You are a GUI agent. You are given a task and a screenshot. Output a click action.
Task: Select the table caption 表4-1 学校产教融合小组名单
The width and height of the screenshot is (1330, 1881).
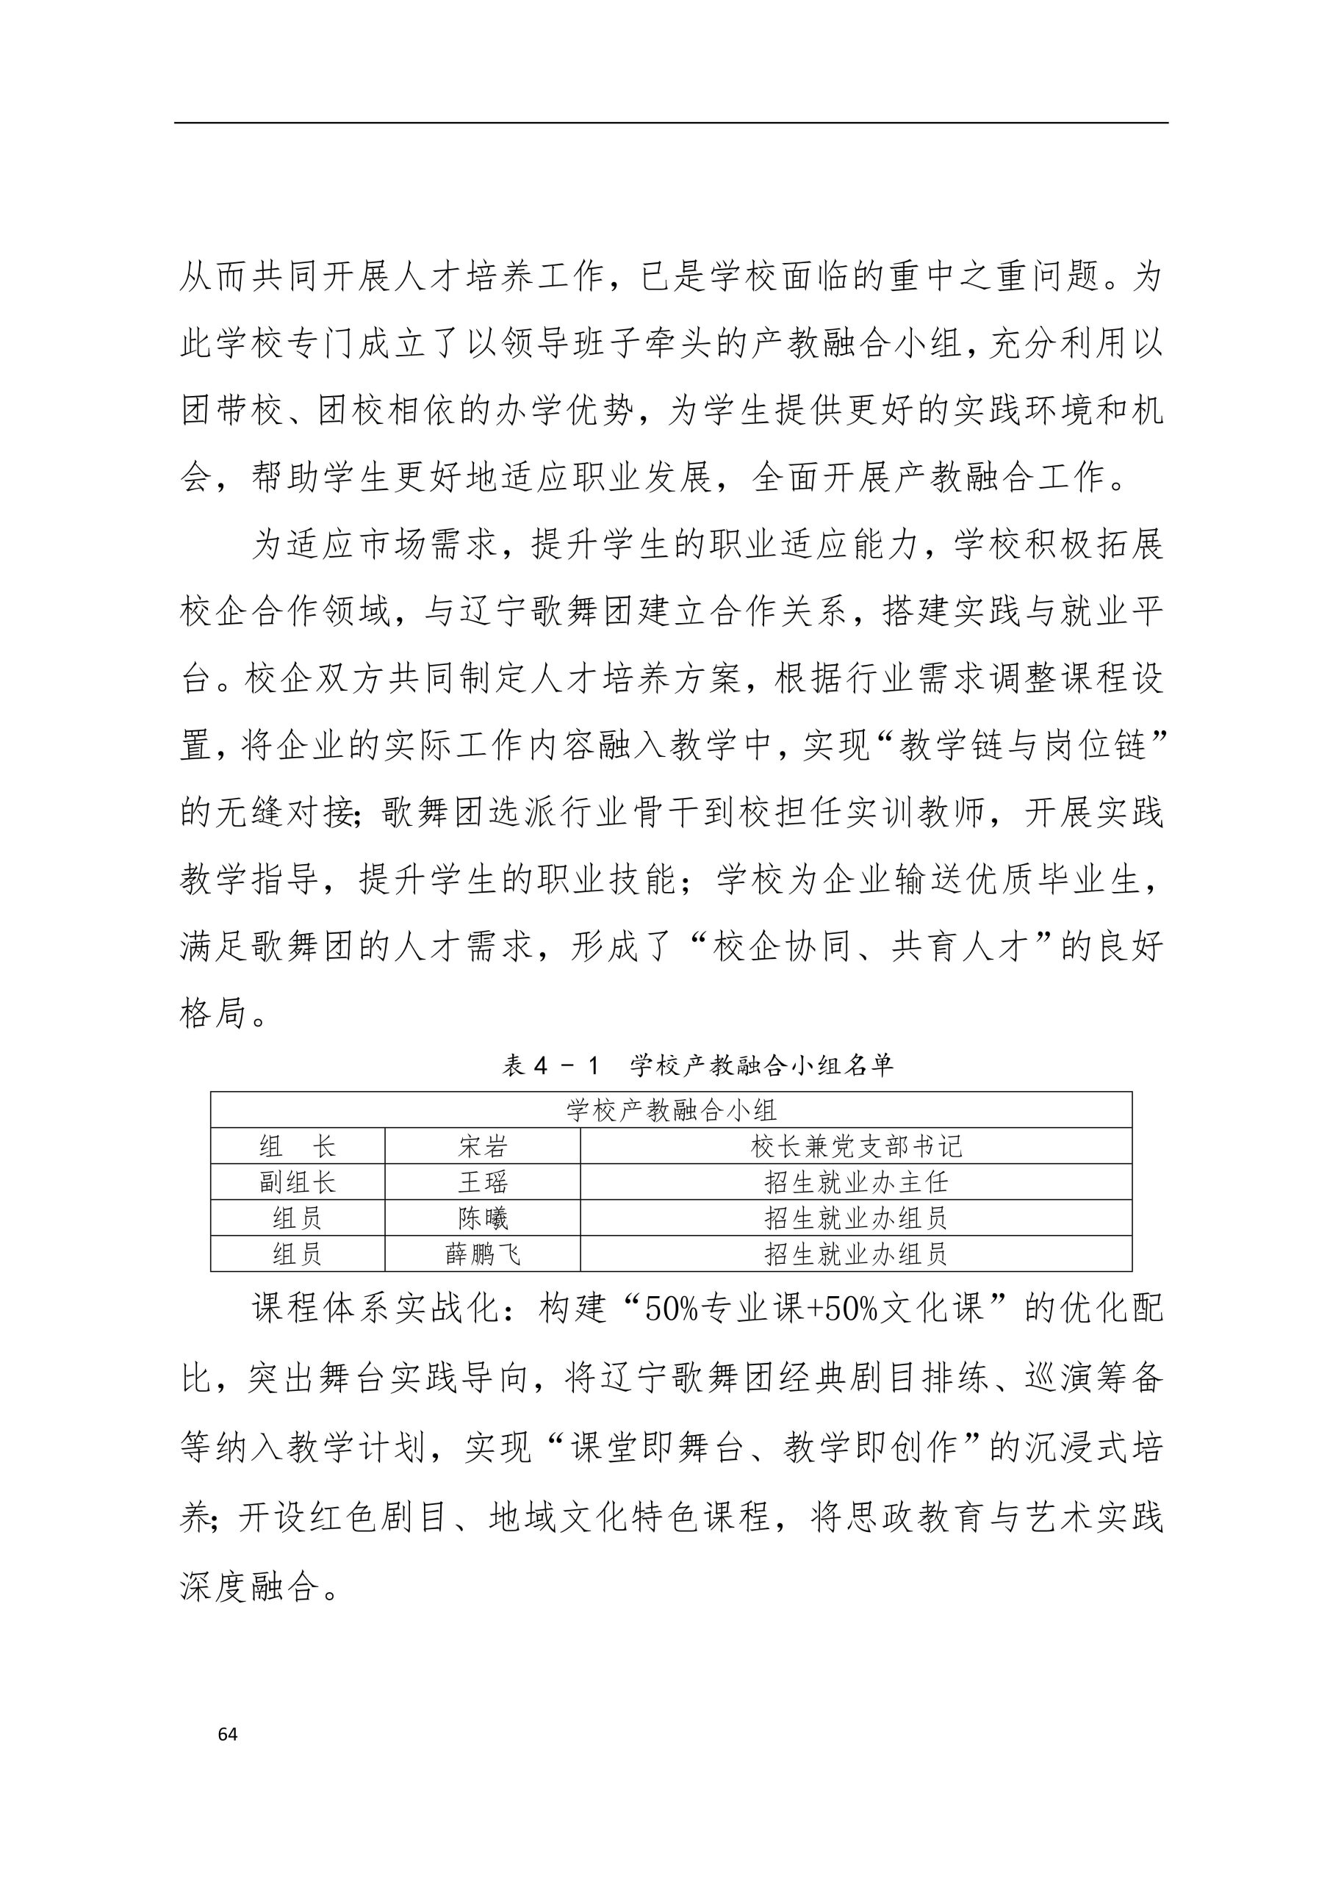coord(697,1065)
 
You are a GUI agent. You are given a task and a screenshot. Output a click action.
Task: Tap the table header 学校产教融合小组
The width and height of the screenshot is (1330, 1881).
coord(671,1110)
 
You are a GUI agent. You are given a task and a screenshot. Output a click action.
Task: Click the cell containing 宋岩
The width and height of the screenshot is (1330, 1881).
coord(482,1146)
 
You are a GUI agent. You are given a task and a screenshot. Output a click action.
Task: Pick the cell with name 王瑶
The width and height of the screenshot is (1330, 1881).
coord(482,1182)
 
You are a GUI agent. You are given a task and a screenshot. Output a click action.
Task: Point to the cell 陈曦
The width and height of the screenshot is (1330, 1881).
coord(482,1218)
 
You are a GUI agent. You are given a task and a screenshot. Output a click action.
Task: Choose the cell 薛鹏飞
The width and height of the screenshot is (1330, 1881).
coord(482,1254)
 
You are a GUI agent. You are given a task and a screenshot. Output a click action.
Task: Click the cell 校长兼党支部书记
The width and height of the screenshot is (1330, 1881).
coord(855,1146)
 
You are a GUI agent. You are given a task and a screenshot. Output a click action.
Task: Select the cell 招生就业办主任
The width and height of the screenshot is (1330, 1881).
coord(855,1182)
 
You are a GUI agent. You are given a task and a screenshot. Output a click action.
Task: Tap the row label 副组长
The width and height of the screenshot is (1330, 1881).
coord(298,1182)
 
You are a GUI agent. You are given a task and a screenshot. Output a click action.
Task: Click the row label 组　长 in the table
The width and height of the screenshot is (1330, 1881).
coord(298,1146)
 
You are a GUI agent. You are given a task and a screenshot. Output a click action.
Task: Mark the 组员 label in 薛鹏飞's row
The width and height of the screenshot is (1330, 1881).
coord(298,1254)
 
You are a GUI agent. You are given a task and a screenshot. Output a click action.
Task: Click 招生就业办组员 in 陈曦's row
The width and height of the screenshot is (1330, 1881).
coord(855,1218)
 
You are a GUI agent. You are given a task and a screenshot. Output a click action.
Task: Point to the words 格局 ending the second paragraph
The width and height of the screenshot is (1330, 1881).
coord(214,1015)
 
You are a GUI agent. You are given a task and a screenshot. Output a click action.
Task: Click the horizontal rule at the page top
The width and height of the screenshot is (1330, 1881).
coord(671,123)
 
